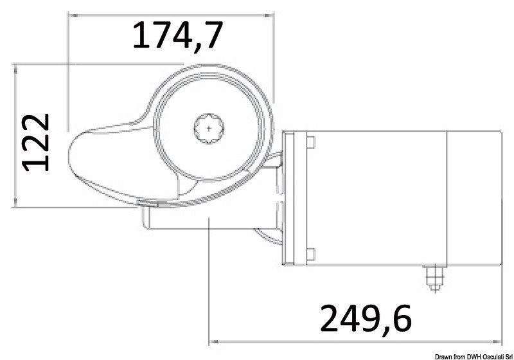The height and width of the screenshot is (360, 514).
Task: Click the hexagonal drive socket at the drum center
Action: [x=209, y=129]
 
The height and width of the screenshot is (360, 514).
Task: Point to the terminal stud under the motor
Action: [x=432, y=276]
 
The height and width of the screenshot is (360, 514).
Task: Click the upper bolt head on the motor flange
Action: [x=311, y=142]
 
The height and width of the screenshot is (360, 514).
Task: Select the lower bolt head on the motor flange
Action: [x=311, y=253]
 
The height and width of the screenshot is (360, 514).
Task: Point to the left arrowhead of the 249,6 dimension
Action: [x=214, y=341]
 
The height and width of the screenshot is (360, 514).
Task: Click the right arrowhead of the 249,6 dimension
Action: [x=497, y=341]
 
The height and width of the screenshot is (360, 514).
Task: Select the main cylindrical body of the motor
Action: [x=379, y=197]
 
